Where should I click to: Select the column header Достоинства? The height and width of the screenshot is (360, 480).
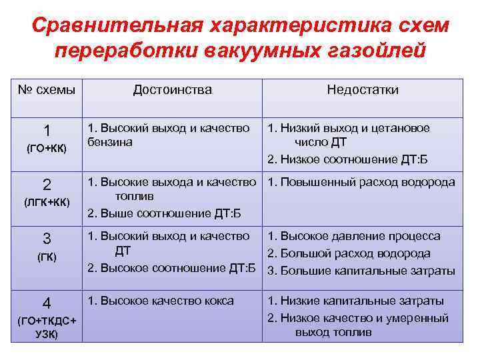(172, 90)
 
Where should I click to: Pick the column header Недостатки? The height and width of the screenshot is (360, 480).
(362, 90)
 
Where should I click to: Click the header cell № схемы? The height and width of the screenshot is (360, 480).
(47, 90)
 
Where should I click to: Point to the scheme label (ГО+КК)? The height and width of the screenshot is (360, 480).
(47, 148)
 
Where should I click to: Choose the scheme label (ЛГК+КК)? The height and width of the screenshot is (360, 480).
(47, 201)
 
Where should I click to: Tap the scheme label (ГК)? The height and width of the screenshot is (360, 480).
(47, 257)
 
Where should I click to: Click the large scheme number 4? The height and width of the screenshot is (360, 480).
(47, 302)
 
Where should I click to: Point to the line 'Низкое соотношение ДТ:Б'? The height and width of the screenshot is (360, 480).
(353, 159)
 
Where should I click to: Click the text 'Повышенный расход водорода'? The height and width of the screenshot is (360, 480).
(366, 182)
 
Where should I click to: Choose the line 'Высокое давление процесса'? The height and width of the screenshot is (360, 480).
(359, 236)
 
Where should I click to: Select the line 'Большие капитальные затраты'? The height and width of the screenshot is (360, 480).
(366, 271)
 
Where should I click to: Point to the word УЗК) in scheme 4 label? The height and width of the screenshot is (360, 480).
(47, 334)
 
